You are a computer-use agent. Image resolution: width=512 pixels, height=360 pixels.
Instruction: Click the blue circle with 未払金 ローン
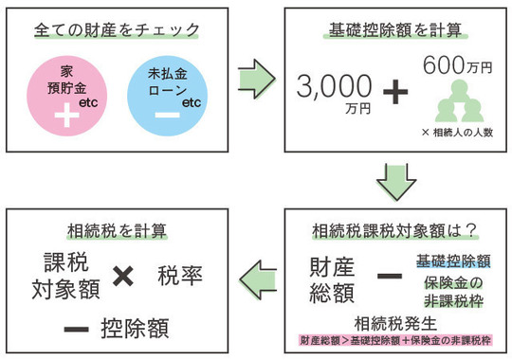point(166,94)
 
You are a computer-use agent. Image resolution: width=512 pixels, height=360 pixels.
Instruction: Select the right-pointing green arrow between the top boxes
point(252,76)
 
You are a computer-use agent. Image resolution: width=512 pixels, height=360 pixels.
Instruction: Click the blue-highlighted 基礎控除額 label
point(452,260)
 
